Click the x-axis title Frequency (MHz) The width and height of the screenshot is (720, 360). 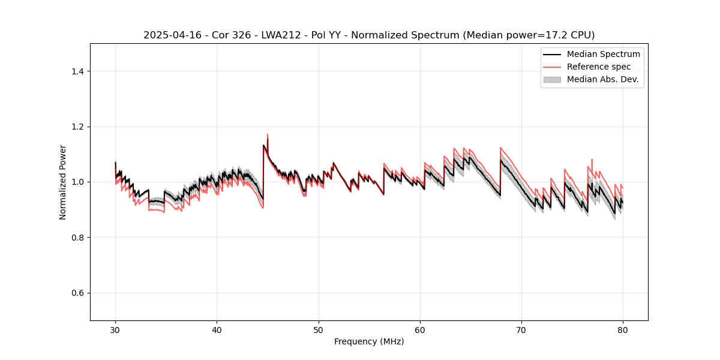[x=369, y=341]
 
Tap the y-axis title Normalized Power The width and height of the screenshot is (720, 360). [x=63, y=182]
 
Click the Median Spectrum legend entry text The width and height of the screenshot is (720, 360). [x=603, y=54]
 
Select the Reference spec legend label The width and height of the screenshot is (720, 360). [x=598, y=67]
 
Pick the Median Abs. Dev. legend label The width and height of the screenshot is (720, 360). [x=602, y=79]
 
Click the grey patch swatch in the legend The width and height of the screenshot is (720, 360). [x=552, y=79]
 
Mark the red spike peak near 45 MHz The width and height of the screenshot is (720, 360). [x=268, y=134]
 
